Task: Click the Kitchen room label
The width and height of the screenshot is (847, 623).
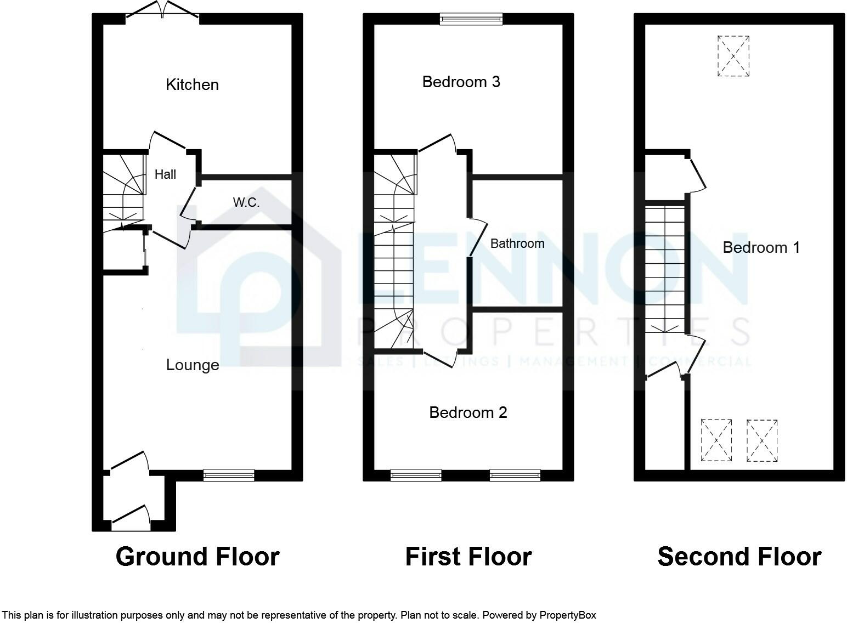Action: [x=192, y=84]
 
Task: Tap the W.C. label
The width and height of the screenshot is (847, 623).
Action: [x=246, y=202]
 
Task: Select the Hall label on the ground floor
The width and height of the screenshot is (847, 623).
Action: [x=165, y=174]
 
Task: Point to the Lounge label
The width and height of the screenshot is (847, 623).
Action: [x=193, y=365]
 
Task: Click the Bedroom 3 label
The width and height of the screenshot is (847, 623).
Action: [x=461, y=82]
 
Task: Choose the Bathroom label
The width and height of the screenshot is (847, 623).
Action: [x=517, y=243]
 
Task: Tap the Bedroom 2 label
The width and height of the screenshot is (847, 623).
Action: [x=468, y=412]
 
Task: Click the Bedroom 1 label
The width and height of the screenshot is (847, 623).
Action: [x=761, y=248]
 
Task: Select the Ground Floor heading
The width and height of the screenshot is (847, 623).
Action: [x=197, y=557]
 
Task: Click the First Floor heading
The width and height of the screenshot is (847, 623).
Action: [x=468, y=557]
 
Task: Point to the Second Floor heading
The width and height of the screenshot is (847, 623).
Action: [x=739, y=557]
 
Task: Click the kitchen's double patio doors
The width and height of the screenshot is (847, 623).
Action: [x=162, y=10]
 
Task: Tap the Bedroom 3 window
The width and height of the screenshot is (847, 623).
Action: [x=471, y=19]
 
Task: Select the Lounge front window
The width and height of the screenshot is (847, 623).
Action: [x=229, y=475]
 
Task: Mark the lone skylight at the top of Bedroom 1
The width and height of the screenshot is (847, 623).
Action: [x=733, y=56]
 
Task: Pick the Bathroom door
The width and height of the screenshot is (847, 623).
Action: [x=477, y=237]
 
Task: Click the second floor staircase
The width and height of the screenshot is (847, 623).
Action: [x=665, y=269]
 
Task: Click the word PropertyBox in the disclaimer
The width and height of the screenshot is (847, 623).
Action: [x=567, y=615]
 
